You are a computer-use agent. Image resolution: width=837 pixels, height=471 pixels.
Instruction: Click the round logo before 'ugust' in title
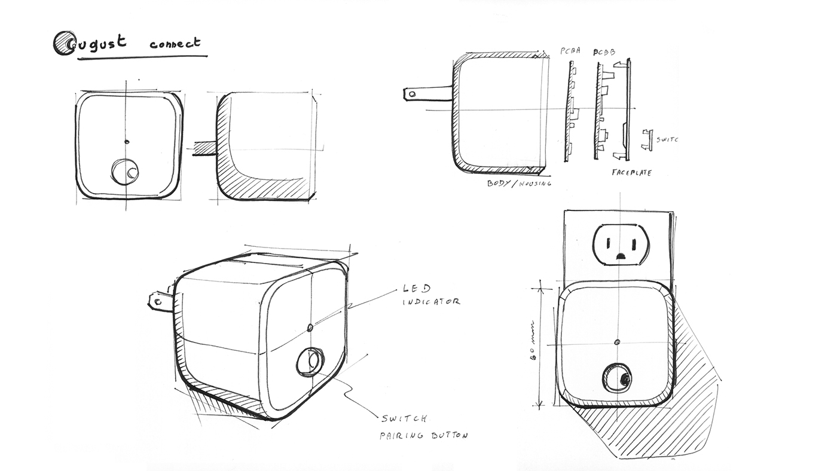63,43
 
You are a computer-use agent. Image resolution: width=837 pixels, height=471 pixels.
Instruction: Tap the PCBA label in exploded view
570,51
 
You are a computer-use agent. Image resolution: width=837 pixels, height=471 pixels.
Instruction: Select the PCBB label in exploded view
604,52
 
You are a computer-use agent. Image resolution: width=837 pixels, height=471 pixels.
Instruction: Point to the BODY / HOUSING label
519,183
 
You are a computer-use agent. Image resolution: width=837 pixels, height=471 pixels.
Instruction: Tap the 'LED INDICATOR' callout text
430,295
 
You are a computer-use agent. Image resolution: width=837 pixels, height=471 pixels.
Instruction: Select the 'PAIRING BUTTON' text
423,435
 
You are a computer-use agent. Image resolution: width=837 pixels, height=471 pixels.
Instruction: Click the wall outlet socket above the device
620,245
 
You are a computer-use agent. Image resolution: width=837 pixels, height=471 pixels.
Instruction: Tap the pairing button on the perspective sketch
310,362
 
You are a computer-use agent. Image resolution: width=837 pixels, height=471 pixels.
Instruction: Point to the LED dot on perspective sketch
310,328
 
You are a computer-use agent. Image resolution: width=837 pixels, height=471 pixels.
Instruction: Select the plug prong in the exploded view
427,93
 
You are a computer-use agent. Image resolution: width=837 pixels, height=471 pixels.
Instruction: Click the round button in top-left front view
125,172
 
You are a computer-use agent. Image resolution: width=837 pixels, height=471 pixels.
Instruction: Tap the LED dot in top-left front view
127,142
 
